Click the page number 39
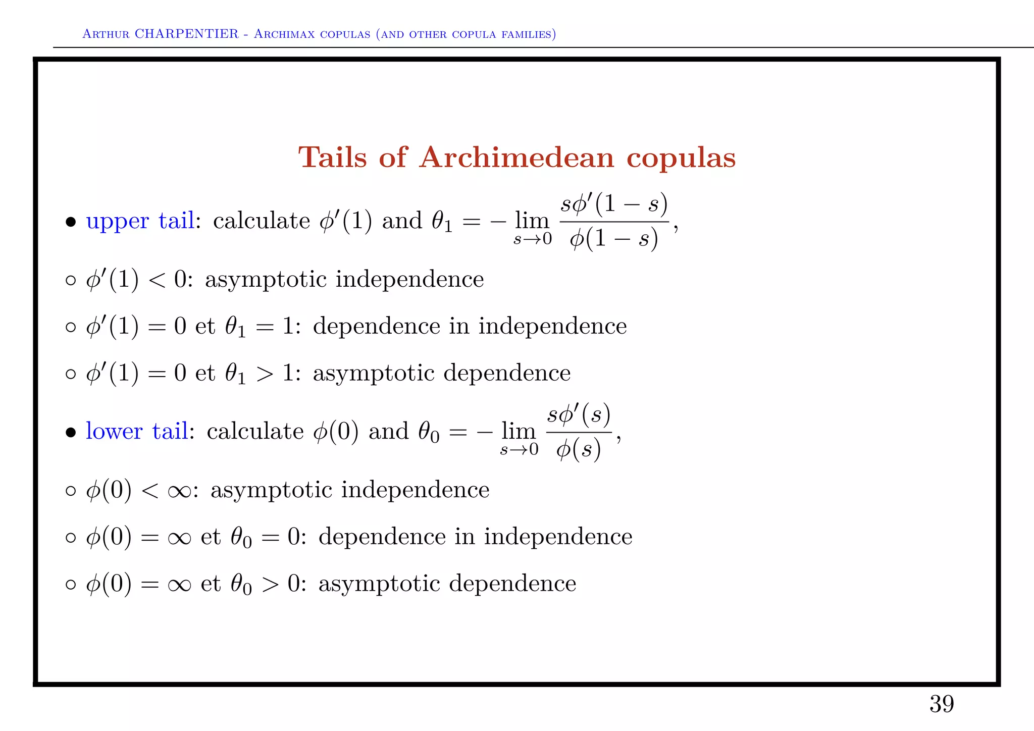point(942,704)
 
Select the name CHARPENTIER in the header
point(187,34)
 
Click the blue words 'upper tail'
point(140,221)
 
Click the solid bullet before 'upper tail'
point(71,222)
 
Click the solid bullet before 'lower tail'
point(71,433)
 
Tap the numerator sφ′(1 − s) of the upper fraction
point(614,204)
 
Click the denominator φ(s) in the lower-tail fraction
point(579,449)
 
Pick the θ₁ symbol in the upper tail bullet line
point(441,222)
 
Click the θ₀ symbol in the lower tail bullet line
point(428,433)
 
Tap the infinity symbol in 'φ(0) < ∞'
point(179,491)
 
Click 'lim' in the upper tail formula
point(532,221)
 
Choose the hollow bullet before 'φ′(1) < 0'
point(71,280)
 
